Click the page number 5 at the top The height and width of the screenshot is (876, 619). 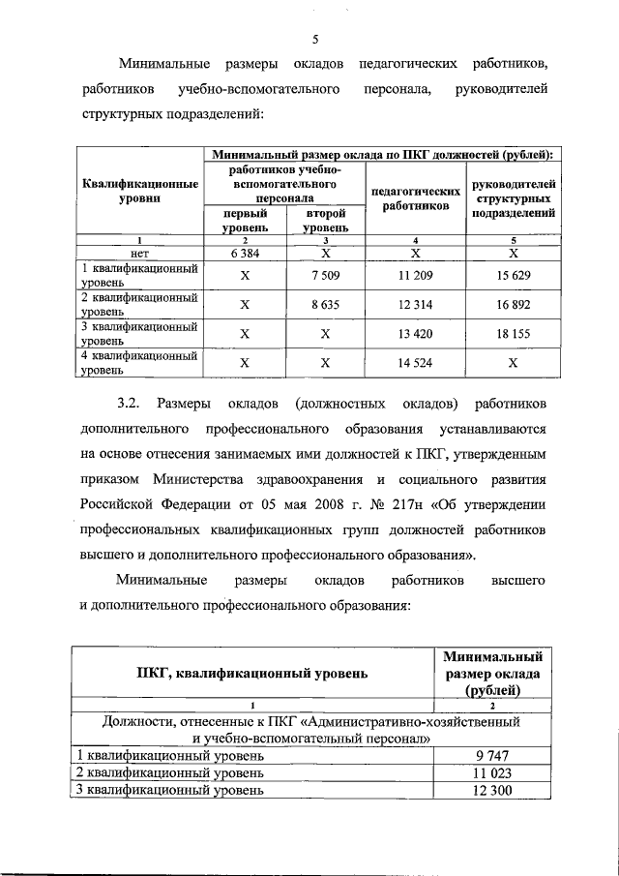pos(315,40)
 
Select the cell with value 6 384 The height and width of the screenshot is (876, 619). pos(245,252)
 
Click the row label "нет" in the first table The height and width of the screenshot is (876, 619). pos(140,252)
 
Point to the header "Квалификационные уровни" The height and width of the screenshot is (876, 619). pos(140,190)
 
